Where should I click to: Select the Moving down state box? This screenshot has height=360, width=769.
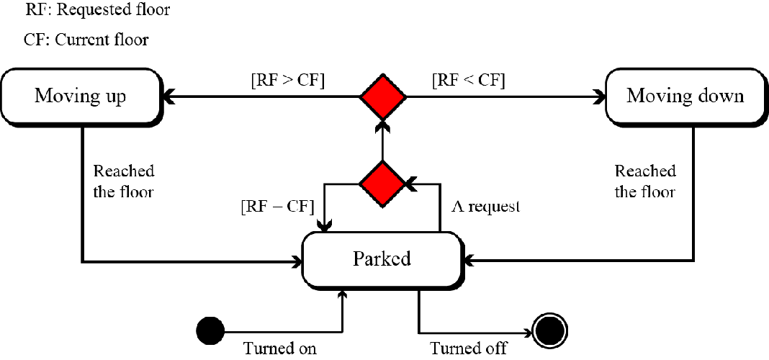[x=685, y=96]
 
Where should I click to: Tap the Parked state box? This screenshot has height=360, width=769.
[x=382, y=258]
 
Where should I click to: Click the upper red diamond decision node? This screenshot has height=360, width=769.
[x=383, y=96]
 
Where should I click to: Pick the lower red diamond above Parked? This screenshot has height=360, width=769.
[x=382, y=183]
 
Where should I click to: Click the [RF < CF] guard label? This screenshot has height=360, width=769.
[x=468, y=80]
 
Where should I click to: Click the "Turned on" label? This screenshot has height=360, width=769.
[x=279, y=349]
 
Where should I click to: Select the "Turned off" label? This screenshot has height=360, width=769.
[x=469, y=349]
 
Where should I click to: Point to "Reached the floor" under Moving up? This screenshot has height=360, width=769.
[x=124, y=181]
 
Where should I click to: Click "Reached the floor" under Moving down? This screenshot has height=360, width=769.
[x=645, y=181]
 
